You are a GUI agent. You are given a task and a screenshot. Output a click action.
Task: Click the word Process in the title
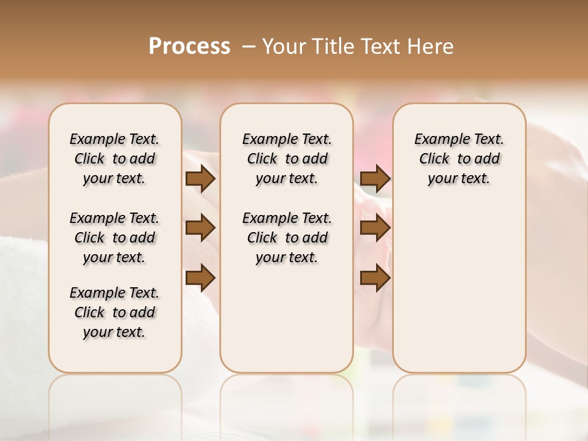189,47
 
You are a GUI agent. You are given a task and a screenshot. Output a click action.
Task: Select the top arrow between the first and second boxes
200,179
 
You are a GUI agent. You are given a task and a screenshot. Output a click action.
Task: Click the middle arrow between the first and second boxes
200,228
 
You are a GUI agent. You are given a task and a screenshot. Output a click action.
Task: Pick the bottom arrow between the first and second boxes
200,278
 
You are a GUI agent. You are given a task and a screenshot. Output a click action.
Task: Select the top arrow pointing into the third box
375,179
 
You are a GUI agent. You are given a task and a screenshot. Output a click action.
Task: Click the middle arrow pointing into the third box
375,228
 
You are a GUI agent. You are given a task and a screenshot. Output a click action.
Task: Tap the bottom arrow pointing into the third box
375,278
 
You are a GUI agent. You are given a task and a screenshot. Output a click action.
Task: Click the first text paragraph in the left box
115,159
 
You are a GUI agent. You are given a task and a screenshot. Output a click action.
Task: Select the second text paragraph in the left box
115,238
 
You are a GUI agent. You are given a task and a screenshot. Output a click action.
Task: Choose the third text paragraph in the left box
115,312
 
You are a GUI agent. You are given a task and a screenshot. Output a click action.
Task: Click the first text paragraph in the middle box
287,159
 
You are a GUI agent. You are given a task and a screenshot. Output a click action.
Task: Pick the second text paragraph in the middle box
287,238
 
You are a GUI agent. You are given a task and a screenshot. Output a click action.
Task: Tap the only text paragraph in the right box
459,159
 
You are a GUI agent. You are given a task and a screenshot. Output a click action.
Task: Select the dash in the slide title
249,47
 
